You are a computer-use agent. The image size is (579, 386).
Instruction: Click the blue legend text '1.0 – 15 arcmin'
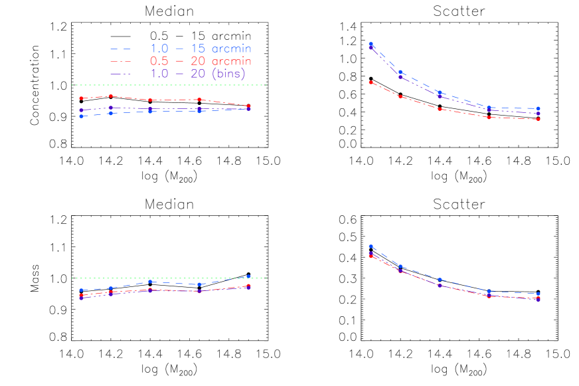coord(201,48)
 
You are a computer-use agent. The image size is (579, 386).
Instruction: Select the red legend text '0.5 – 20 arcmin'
coord(201,61)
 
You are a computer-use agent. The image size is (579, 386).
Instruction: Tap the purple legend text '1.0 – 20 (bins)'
coord(198,74)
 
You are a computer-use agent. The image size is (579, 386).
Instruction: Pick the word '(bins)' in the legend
coord(228,74)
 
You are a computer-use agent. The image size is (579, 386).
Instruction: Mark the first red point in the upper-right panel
coord(371,82)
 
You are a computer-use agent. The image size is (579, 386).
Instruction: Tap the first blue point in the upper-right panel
coord(371,44)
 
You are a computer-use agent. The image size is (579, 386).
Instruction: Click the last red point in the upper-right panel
coord(538,119)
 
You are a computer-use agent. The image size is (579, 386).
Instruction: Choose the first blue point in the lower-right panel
coord(371,246)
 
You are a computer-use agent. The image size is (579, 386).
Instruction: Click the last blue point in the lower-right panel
coord(538,294)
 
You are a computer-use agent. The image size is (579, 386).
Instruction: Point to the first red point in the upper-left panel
coord(81,98)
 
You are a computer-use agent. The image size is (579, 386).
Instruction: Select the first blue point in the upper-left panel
coord(81,116)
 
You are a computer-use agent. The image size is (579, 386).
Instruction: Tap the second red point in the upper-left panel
coord(111,96)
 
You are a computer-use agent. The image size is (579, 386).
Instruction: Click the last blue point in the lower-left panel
coord(248,276)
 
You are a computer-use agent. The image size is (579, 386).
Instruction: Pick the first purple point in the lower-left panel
coord(81,298)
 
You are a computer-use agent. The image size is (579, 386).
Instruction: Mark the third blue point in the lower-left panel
coord(151,282)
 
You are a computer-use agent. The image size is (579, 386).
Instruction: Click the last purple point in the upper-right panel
coord(538,114)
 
